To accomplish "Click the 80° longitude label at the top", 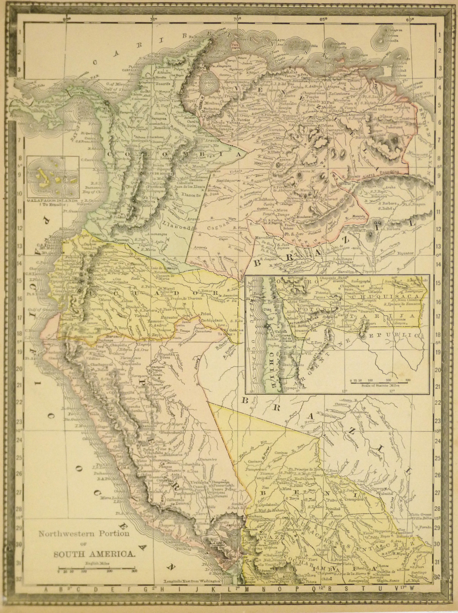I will click(x=67, y=18).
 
